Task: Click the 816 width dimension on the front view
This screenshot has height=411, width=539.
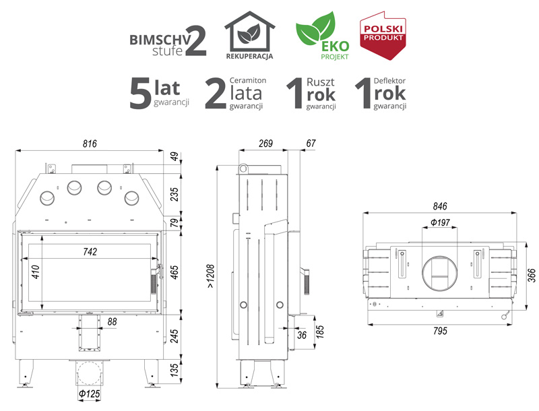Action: click(x=90, y=144)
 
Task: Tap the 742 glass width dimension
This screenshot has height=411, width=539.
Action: click(x=90, y=252)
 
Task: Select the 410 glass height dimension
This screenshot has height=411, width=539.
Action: click(x=36, y=272)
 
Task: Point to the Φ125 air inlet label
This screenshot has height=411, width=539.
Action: click(x=90, y=393)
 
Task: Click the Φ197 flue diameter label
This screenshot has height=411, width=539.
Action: click(x=441, y=223)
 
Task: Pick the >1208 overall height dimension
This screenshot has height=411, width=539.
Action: click(x=210, y=276)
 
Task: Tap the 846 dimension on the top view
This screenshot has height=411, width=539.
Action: click(x=440, y=206)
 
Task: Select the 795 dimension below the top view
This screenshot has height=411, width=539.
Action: click(x=440, y=331)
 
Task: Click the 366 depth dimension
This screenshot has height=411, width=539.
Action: click(x=532, y=276)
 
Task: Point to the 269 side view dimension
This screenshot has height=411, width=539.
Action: click(x=265, y=144)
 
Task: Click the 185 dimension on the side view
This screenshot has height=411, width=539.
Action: click(x=320, y=332)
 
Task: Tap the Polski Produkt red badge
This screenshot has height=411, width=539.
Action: click(x=383, y=36)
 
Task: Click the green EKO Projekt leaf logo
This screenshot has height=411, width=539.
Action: click(x=323, y=36)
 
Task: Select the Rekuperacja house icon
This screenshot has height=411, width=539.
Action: click(x=249, y=35)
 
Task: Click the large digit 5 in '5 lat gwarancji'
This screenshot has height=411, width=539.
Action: click(x=140, y=93)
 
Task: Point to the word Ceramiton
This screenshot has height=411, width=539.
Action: click(x=248, y=80)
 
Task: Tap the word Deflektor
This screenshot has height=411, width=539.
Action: click(x=389, y=81)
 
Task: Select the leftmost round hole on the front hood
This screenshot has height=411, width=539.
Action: click(x=47, y=199)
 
